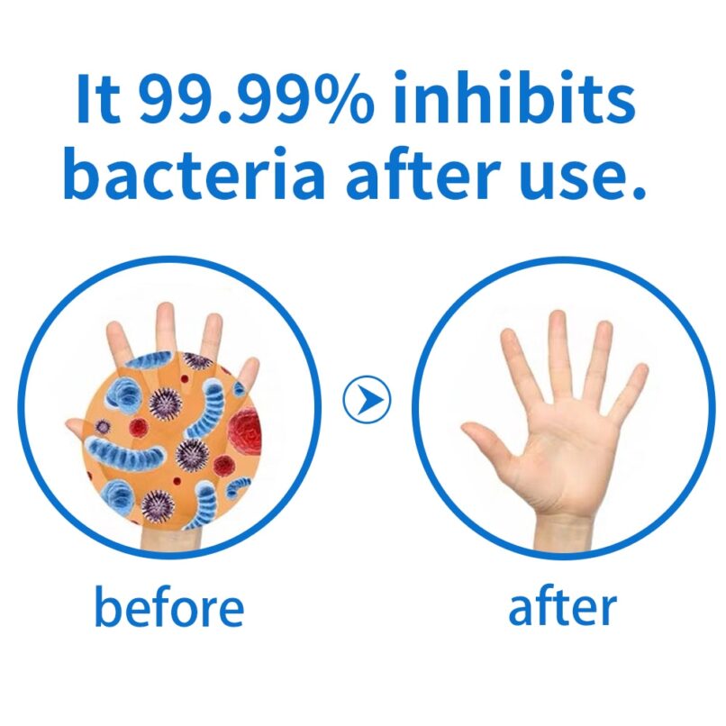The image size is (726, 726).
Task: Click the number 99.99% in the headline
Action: (256, 98)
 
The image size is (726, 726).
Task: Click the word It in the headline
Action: (98, 97)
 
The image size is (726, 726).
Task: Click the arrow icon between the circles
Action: (367, 399)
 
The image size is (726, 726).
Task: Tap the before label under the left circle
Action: (169, 605)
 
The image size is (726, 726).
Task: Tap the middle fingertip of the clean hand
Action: (557, 318)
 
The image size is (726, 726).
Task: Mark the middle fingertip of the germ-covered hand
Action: (165, 310)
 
